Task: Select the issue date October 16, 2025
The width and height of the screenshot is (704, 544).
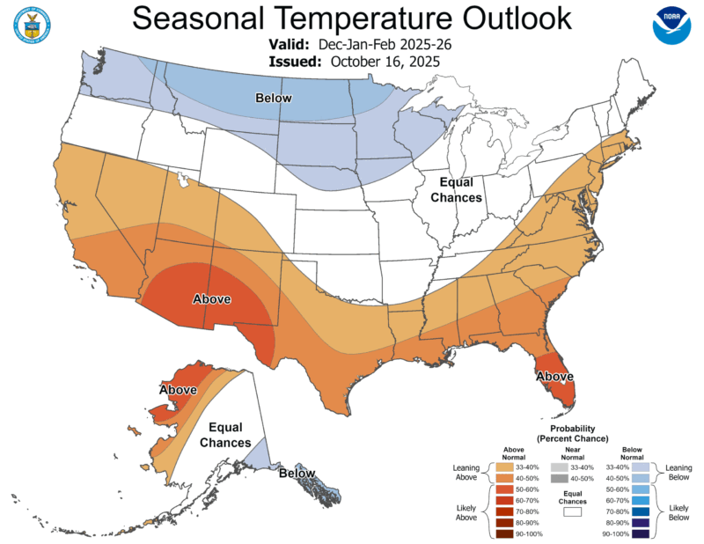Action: pos(385,61)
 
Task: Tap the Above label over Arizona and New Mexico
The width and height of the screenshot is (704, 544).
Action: pos(211,299)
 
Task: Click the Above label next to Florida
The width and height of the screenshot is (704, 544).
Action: pos(555,377)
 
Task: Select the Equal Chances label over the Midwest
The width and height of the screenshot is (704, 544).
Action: pos(456,190)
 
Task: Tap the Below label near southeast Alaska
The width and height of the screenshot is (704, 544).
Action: pos(297,474)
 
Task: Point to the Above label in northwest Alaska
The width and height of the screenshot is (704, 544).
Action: pos(178,389)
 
